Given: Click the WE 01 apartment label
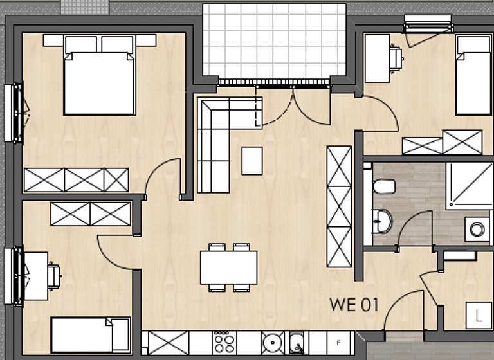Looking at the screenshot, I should (x=354, y=305).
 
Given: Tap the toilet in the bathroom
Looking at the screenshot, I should (x=385, y=186).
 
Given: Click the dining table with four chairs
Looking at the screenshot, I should (x=228, y=267).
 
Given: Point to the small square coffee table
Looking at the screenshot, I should (x=252, y=160).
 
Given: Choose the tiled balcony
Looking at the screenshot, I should (x=275, y=40).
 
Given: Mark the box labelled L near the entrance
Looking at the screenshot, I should (x=478, y=316).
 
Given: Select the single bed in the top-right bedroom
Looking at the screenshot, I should (x=473, y=75).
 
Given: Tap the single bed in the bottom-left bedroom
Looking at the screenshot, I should (x=90, y=334).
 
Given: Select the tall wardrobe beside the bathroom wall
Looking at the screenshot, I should (x=339, y=206).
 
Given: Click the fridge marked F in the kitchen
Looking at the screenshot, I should (x=338, y=341).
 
